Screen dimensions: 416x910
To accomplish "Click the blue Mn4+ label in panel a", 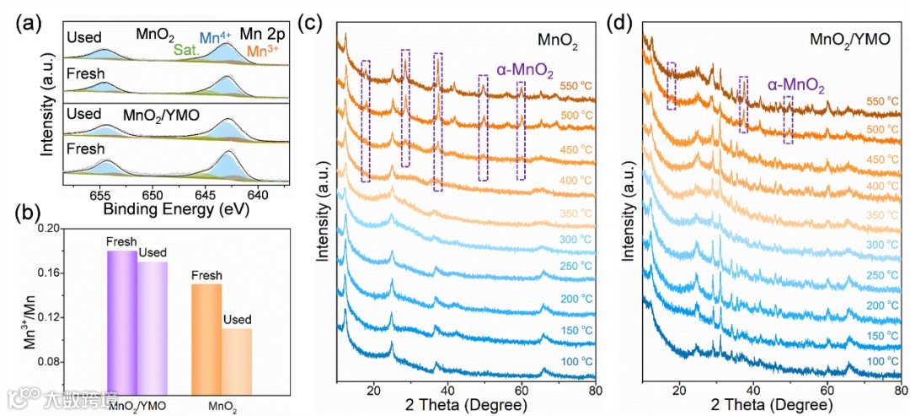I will [215, 37].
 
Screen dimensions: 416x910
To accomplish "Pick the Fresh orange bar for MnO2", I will [206, 338].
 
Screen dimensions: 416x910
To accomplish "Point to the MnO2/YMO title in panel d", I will [848, 38].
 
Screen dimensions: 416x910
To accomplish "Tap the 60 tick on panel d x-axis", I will [827, 391].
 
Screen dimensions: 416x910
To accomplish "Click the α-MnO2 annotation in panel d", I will [795, 85].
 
